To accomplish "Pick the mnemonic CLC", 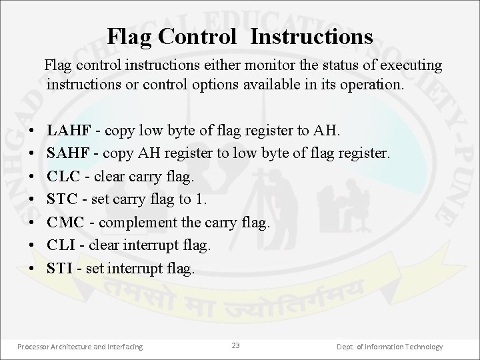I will click(x=63, y=177).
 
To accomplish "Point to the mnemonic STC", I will click(x=62, y=200).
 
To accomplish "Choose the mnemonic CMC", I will click(x=63, y=223).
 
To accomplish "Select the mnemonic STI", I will click(x=59, y=269).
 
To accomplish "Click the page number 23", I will click(x=235, y=345).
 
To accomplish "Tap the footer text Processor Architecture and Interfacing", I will click(x=80, y=347).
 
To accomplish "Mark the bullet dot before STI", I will click(x=33, y=269).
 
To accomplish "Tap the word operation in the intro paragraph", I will click(x=371, y=86).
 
